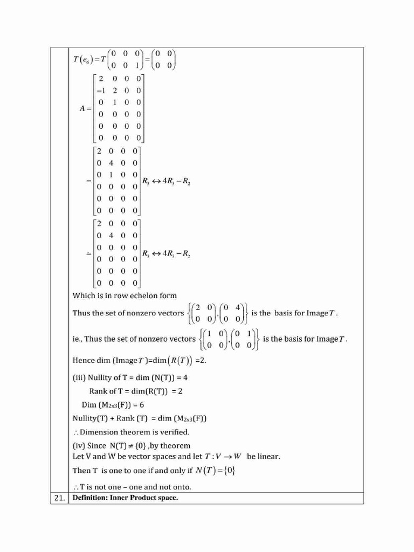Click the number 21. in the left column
59,498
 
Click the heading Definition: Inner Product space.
125,498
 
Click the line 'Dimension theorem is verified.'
135,432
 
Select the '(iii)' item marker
78,378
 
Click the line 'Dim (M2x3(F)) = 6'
113,405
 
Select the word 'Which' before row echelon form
83,295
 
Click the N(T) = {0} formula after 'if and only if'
216,471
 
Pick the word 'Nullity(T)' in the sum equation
92,418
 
